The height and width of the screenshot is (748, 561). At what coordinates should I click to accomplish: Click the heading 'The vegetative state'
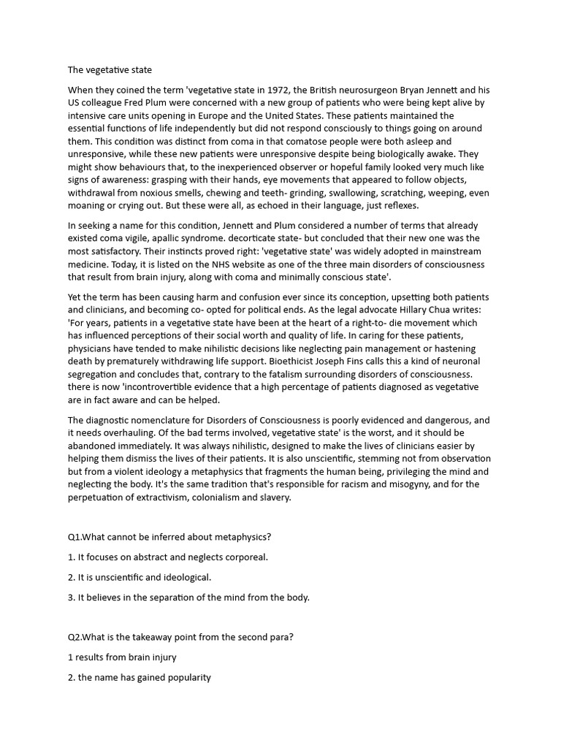click(x=110, y=70)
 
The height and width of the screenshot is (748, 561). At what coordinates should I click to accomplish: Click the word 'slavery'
click(x=274, y=497)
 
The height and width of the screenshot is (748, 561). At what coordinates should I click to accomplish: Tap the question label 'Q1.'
click(x=75, y=537)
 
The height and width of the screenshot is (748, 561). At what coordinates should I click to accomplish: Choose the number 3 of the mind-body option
click(x=70, y=597)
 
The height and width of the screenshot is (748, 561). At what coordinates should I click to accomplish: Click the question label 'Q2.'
click(x=75, y=637)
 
